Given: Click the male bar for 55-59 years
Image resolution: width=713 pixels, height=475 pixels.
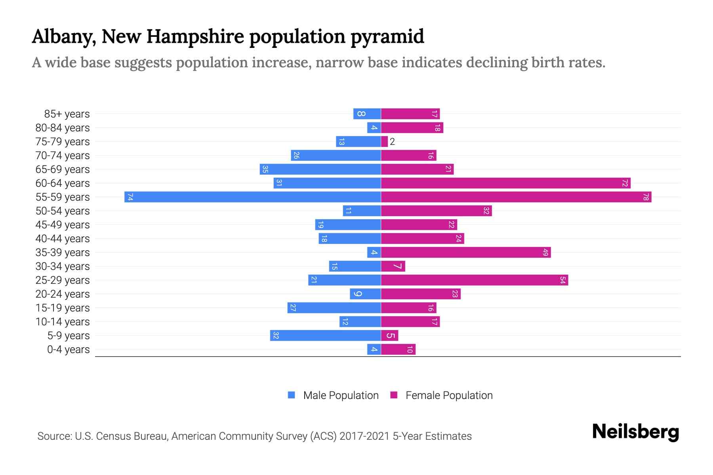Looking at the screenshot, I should point(252,197).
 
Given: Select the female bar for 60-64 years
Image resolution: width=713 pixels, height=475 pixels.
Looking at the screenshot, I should point(505,183).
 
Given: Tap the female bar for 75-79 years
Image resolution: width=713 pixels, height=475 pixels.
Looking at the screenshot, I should point(384,142).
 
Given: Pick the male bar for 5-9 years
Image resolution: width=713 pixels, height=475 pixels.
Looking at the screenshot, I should point(325,336).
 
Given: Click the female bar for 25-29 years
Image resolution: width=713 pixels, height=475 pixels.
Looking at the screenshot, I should point(474,280).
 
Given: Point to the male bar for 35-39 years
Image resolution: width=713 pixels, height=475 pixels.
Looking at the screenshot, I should point(374,253).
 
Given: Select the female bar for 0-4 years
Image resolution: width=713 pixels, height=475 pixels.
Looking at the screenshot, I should point(398,350).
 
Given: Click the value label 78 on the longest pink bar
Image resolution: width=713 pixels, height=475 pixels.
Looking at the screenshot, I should point(646,197).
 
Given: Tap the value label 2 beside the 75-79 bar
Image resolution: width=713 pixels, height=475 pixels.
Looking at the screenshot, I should point(392,142).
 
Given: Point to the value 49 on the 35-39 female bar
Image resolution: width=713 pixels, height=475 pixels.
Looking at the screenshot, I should point(545,253).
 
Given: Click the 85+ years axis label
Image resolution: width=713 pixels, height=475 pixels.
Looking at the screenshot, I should point(67,114).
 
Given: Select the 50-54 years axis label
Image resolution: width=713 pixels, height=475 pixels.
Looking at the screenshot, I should point(63,211).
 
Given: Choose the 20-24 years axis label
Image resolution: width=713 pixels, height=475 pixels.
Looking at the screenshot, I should point(63,294).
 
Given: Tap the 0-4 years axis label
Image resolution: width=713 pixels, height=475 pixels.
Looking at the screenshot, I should point(68,350).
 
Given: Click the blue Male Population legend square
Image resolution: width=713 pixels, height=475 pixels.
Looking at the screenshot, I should point(292,395).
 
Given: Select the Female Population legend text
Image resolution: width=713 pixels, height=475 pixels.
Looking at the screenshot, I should point(449,395).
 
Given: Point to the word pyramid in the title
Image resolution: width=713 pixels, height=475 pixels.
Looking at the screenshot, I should point(387,37).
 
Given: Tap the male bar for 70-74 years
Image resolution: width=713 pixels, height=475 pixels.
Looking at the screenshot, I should point(336,156).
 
